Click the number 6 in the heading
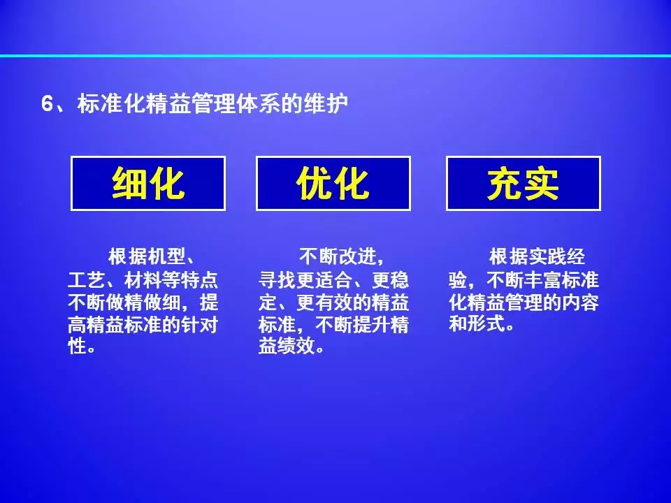coord(47,104)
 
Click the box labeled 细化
coord(148,184)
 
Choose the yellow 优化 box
coord(333,184)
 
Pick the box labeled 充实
coord(524,184)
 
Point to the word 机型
coord(166,257)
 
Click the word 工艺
coord(87,280)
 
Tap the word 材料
coord(143,280)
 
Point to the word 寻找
coord(277,280)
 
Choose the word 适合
coord(333,280)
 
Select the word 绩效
coord(296,346)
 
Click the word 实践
coord(547,257)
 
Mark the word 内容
coord(580,302)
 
